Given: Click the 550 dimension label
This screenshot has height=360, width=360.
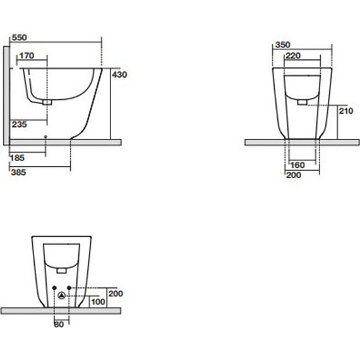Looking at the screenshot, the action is (x=20, y=37).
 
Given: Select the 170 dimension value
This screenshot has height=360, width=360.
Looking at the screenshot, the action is (x=27, y=56).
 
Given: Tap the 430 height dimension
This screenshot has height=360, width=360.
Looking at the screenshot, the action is (x=119, y=75).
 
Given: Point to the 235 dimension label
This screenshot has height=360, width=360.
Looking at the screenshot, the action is (x=20, y=124).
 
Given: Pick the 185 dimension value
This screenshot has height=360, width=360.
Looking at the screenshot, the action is (x=17, y=158).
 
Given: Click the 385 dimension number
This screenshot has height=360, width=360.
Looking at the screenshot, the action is (x=18, y=172).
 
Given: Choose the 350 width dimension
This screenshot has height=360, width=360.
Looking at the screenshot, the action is (x=283, y=45).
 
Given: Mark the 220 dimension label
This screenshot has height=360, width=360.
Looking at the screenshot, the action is (x=293, y=56).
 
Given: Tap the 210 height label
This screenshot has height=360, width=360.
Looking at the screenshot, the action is (x=346, y=111).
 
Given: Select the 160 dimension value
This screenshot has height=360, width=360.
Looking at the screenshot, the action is (x=297, y=165).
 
